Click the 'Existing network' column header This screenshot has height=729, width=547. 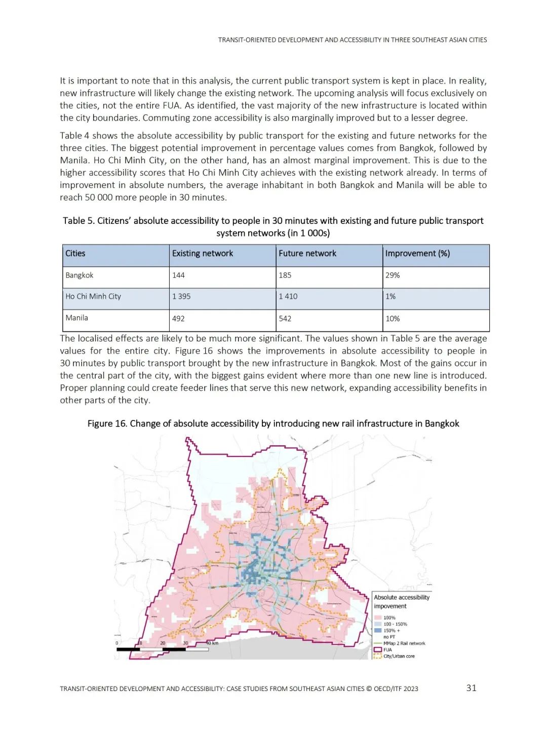pos(203,253)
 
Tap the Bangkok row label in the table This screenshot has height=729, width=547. pos(80,275)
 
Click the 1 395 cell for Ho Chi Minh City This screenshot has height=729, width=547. pos(181,296)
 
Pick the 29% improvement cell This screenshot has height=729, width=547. pos(393,275)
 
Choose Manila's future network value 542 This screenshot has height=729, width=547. pos(285,319)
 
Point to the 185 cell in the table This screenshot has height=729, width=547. pos(285,275)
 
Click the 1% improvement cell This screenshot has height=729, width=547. pos(390,296)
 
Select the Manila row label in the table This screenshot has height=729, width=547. pos(77,318)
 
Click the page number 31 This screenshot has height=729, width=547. pos(471,687)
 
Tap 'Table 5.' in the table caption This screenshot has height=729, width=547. pos(79,221)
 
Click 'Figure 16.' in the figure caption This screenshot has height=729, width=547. pos(107,424)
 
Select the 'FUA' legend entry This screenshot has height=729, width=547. pos(387,649)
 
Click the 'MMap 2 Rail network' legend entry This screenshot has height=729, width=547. pos(404,643)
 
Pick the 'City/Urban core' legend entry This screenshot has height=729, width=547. pos(399,656)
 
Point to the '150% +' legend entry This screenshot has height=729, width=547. pos(392,631)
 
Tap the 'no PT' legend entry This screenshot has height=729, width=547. pos(389,637)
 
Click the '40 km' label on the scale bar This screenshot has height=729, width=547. pos(213,643)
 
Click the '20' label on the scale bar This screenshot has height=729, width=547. pos(163,643)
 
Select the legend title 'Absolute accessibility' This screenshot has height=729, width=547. pos(402,597)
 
